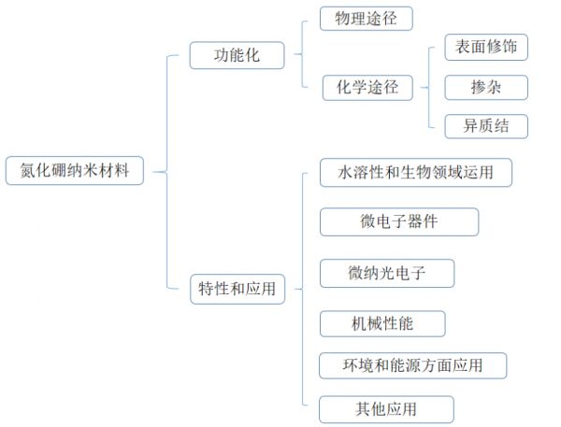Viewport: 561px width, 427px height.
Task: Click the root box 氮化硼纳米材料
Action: click(75, 171)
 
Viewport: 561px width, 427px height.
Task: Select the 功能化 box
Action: click(237, 55)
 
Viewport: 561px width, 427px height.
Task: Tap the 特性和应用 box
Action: click(237, 289)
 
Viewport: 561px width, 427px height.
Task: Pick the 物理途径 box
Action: click(366, 19)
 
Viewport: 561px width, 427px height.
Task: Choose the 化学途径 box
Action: click(367, 88)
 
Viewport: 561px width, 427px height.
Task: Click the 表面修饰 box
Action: click(486, 48)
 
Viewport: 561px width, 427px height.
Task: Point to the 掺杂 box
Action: click(486, 87)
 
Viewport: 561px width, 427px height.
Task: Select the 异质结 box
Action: click(486, 126)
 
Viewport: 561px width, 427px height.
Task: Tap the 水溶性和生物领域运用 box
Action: click(416, 172)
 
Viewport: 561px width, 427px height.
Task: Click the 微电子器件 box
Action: click(399, 221)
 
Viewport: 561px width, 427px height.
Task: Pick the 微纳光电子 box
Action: click(387, 273)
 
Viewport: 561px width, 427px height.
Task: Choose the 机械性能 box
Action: click(382, 323)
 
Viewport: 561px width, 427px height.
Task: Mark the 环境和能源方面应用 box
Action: click(413, 365)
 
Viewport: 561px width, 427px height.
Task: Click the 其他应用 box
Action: click(386, 409)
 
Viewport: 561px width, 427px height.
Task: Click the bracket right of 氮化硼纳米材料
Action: click(167, 172)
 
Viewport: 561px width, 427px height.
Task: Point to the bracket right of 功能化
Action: click(302, 54)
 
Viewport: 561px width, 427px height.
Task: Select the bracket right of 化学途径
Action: click(428, 87)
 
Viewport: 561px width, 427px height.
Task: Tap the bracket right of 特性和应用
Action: click(303, 289)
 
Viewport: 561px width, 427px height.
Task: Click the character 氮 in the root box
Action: click(27, 171)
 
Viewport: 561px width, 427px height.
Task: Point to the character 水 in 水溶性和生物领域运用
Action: click(345, 172)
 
